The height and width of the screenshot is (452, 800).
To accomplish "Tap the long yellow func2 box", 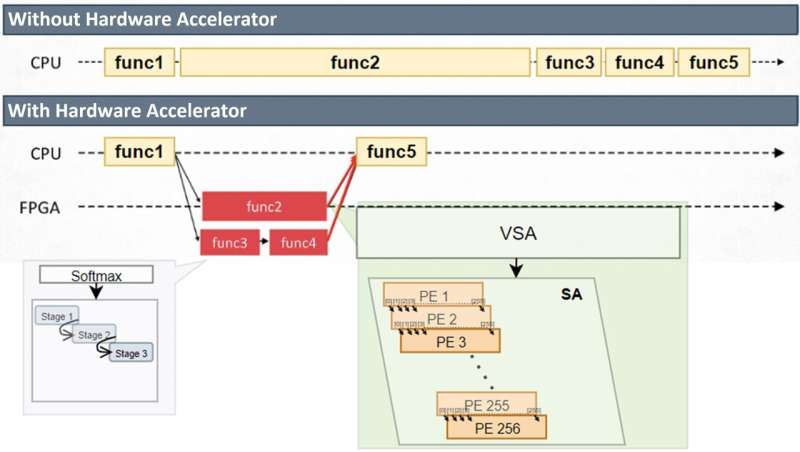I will (355, 63).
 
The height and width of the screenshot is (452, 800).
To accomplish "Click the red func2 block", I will (264, 207).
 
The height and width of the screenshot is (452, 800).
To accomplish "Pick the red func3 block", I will (230, 242).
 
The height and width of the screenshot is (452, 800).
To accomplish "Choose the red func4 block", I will (299, 242).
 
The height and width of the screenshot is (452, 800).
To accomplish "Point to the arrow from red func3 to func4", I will (265, 242).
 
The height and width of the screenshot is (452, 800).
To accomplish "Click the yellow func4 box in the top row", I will (639, 63).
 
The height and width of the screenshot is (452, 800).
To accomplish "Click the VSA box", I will (519, 233).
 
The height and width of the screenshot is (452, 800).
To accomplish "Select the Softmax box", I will (96, 274).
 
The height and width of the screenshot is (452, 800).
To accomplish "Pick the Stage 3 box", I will (131, 352).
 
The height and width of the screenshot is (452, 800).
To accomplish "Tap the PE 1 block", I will (432, 297).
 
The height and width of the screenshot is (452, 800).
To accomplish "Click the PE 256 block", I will (497, 428).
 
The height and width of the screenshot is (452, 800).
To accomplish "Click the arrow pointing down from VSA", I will (516, 267).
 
